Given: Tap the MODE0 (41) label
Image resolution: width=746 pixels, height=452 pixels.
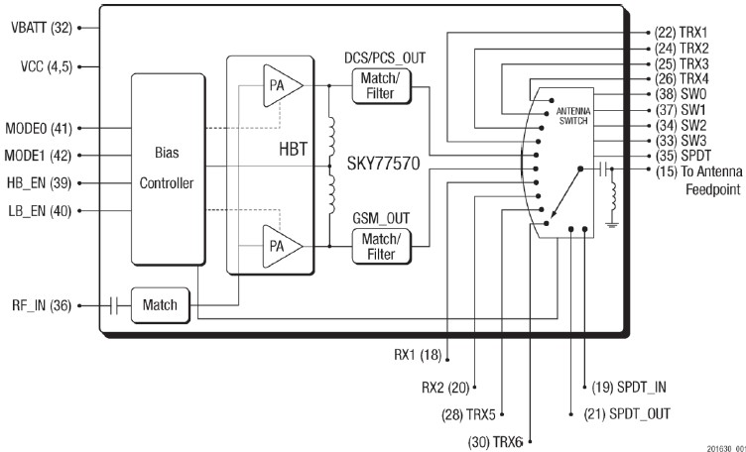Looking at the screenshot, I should coord(39,128).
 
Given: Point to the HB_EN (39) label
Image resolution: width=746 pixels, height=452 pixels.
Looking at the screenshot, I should coord(39,182).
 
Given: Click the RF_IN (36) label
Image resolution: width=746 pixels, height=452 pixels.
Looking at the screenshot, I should coord(39,305).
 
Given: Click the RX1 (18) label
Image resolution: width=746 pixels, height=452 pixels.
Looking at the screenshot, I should coord(417,354).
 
